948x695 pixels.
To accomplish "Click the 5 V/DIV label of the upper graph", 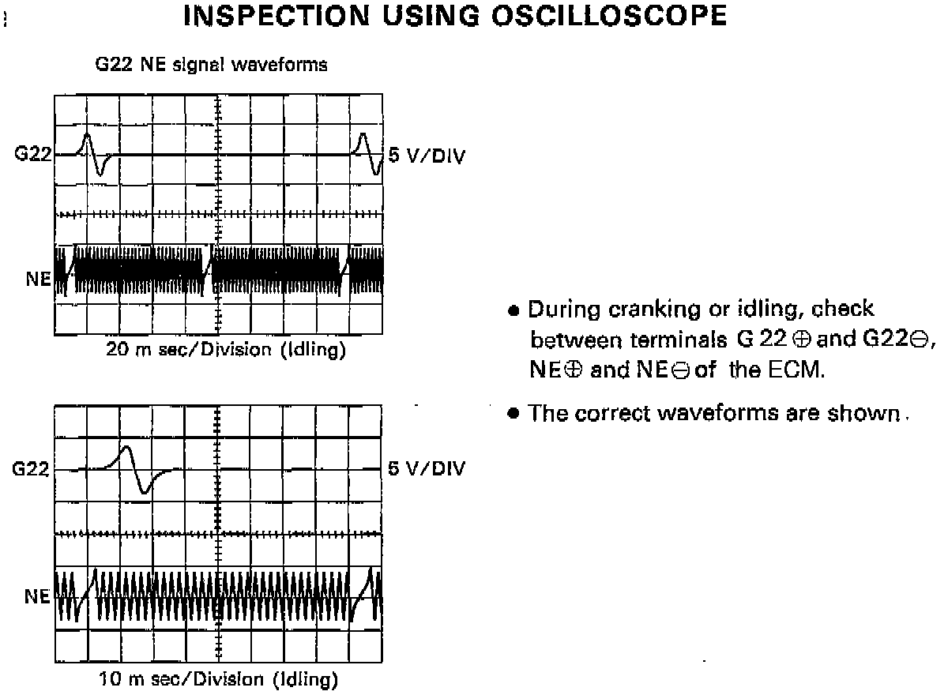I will (x=427, y=155).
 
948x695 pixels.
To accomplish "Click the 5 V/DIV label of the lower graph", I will (x=427, y=469).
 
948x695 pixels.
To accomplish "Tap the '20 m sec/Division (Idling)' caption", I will (x=226, y=350).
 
